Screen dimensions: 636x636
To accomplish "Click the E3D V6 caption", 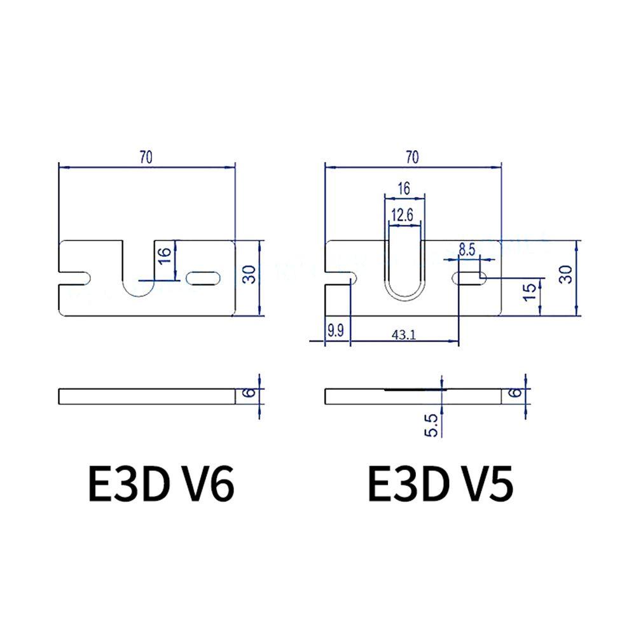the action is (161, 483).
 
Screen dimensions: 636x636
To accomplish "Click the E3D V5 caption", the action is (441, 483).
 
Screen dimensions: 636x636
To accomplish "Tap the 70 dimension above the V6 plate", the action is (146, 157).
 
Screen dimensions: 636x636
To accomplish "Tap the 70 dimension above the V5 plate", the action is (412, 157).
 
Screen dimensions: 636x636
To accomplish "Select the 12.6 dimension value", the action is (403, 214).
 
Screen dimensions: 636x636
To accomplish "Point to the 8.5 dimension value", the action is (467, 249).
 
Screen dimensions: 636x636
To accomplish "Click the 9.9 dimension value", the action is (335, 331).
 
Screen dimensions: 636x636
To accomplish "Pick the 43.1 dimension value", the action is (404, 335).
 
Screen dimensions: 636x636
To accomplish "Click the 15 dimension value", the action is (530, 292).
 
